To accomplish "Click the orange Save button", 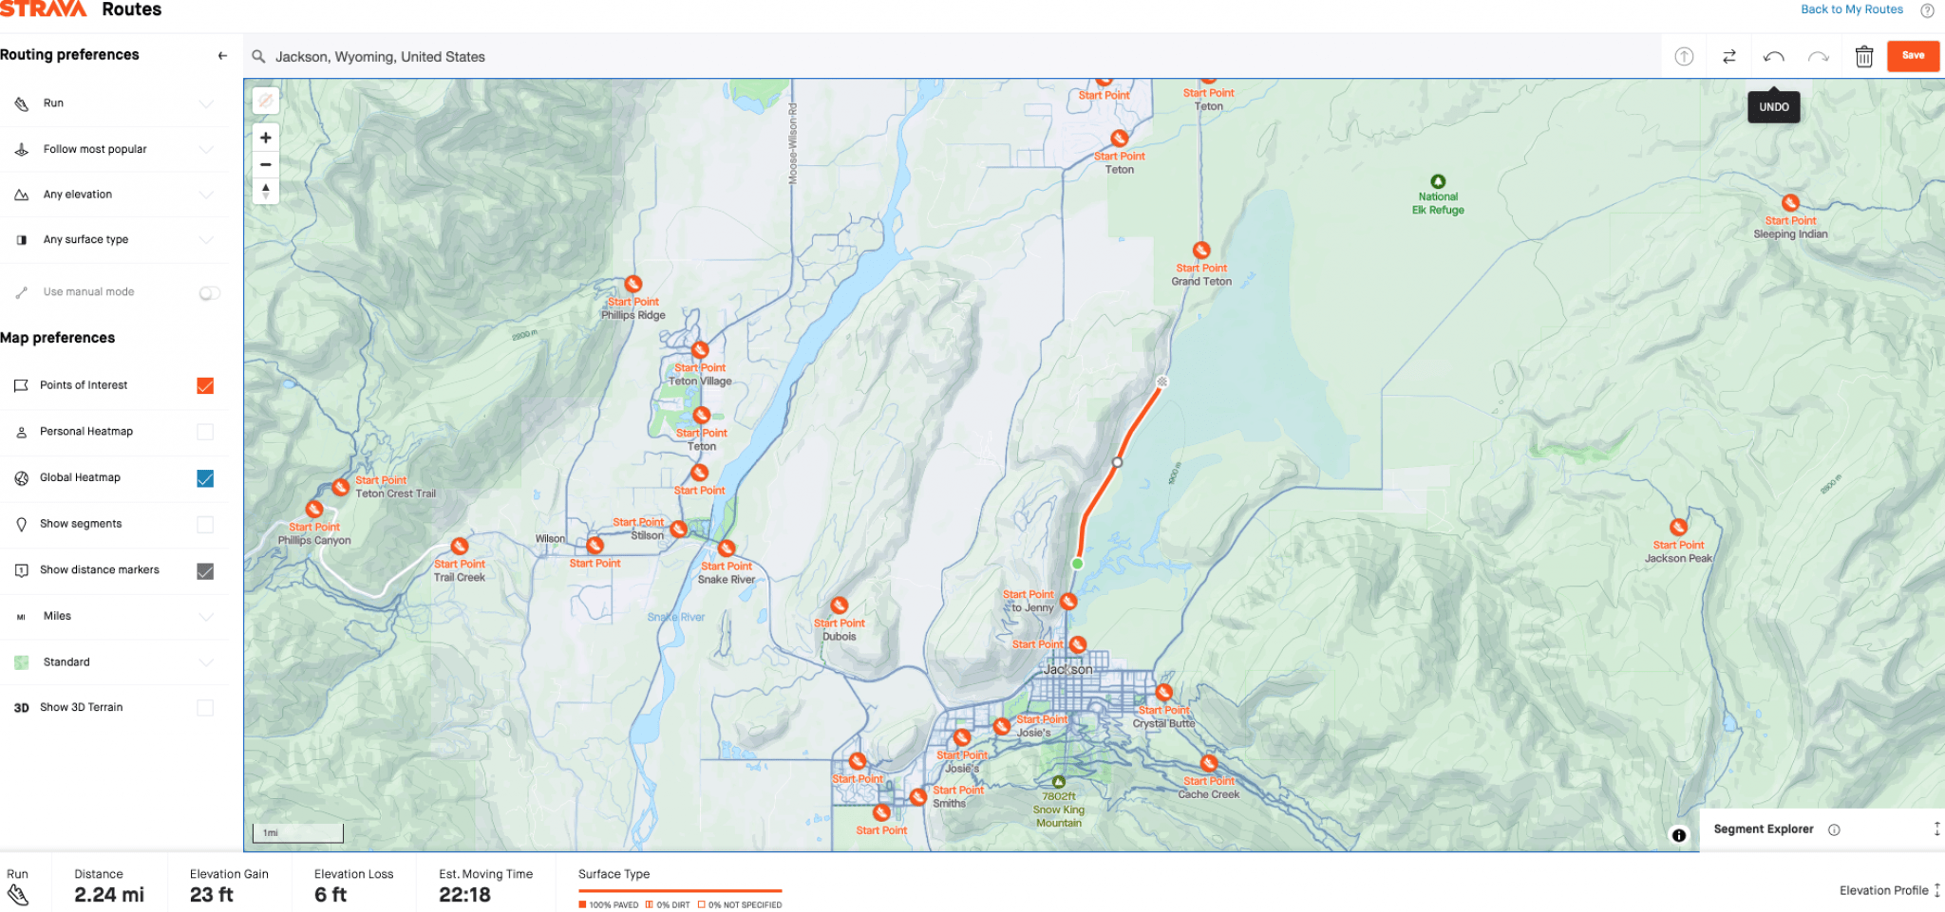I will point(1913,56).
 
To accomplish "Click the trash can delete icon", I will point(1863,57).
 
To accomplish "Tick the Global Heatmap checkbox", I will point(205,478).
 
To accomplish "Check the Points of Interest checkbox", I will point(205,385).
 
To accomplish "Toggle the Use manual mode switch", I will point(209,293).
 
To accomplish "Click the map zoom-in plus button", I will point(266,138).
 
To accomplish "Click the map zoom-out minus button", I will point(266,164).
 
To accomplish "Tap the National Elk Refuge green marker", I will point(1438,182).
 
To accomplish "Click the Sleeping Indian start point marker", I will point(1790,203).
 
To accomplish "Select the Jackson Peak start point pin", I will point(1678,528).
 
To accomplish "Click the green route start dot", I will point(1077,564).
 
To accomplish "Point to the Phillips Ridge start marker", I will point(633,285).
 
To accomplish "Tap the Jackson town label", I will point(1067,669).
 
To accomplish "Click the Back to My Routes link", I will point(1851,9).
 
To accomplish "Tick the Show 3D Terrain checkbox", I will point(205,708).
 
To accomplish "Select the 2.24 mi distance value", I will point(109,895).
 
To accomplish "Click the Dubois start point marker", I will point(839,605).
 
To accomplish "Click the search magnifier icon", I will point(258,57).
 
